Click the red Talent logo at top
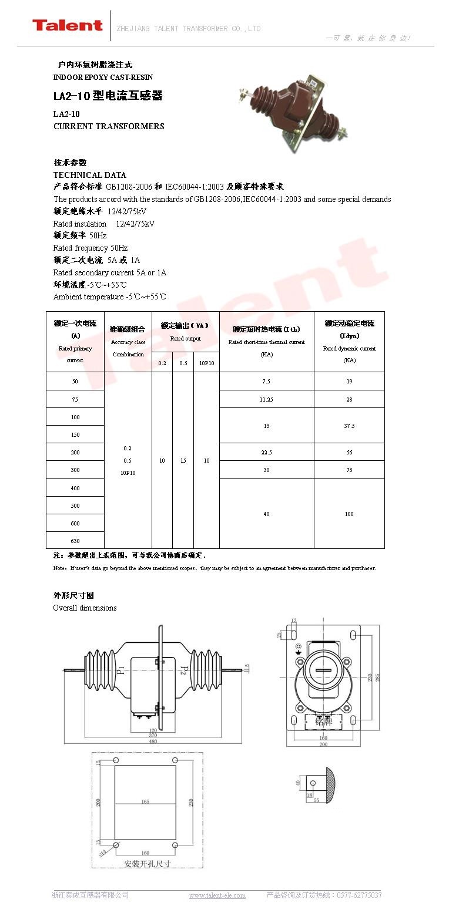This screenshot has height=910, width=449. tap(67, 25)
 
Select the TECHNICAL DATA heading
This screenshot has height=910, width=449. tap(89, 175)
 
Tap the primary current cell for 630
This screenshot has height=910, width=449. tap(75, 541)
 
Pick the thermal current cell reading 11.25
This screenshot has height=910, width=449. tap(266, 399)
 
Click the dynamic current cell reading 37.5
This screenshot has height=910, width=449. tap(349, 426)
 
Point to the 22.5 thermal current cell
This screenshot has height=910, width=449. tap(266, 452)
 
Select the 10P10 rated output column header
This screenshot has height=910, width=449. tap(206, 363)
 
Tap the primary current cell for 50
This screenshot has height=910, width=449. tap(75, 382)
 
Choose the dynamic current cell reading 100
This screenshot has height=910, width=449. tap(349, 514)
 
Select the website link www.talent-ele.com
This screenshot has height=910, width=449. tap(217, 895)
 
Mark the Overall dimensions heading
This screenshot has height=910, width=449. tap(85, 608)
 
